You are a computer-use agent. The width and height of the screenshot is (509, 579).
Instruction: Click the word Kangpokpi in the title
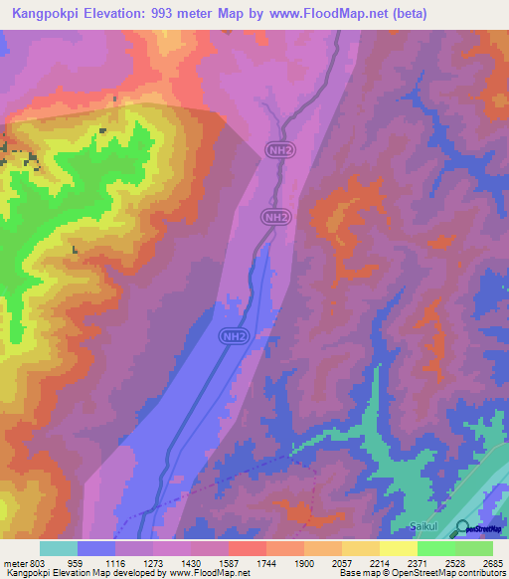tap(47, 13)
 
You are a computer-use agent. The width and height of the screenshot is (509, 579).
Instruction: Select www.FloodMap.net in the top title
tap(349, 13)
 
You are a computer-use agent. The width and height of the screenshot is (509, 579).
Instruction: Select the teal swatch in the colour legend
tap(59, 548)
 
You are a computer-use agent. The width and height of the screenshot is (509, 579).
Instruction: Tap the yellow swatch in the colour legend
tap(399, 548)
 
